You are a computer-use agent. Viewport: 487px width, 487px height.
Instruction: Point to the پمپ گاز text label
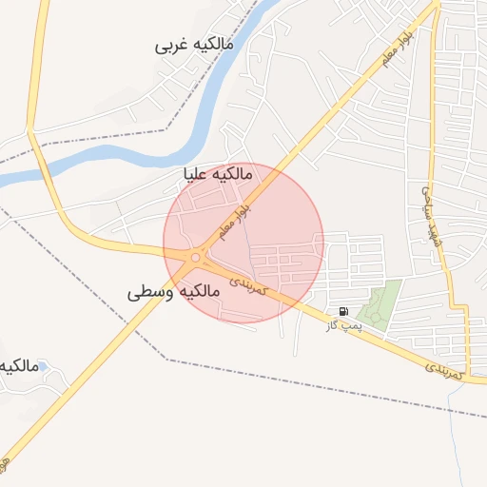[345, 326]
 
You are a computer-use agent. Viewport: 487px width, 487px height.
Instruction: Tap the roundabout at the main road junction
[196, 257]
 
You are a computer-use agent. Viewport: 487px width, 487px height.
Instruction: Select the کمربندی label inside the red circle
[251, 277]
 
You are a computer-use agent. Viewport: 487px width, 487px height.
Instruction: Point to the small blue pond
[40, 364]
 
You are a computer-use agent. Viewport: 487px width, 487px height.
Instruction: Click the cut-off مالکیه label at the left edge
[18, 364]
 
